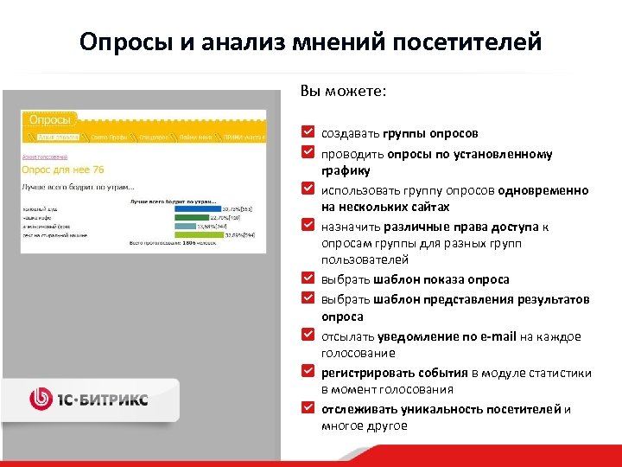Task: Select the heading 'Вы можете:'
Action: (x=343, y=90)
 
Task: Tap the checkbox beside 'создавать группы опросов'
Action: (x=308, y=133)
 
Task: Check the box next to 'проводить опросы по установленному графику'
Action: (x=308, y=153)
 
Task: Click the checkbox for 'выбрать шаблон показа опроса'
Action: (x=308, y=278)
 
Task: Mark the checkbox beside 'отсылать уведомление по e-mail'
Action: (x=308, y=336)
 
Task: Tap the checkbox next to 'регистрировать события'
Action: (x=308, y=372)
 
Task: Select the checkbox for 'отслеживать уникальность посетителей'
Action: (x=308, y=408)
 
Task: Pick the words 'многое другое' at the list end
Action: (x=364, y=425)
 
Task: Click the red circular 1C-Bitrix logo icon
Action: (x=41, y=399)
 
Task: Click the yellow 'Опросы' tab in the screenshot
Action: (x=49, y=119)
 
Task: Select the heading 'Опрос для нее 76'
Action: (x=62, y=170)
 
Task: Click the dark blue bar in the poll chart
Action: (x=197, y=208)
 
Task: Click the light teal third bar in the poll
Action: (x=184, y=225)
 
